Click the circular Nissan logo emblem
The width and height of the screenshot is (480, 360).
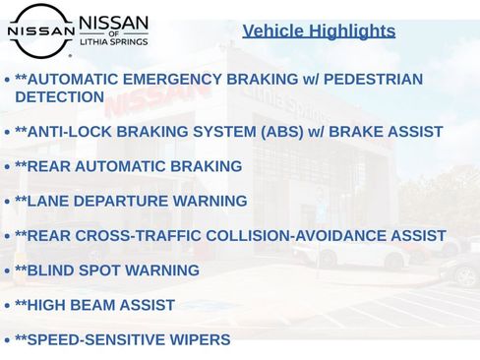[40, 30]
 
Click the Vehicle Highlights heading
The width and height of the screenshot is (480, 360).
[319, 31]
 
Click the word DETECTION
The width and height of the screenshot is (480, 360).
[59, 97]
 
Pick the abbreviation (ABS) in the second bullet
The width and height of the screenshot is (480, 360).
[281, 132]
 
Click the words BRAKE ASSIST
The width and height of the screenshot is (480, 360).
[387, 132]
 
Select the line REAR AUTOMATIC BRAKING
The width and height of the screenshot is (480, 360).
[129, 167]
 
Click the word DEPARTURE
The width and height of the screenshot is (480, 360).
[117, 202]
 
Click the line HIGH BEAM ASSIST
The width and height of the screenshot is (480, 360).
[95, 306]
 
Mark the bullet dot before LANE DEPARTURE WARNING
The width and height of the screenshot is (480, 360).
[7, 203]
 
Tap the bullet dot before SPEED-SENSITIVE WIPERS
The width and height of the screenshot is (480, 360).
[7, 341]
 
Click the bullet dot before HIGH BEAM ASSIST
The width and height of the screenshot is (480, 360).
[7, 307]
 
